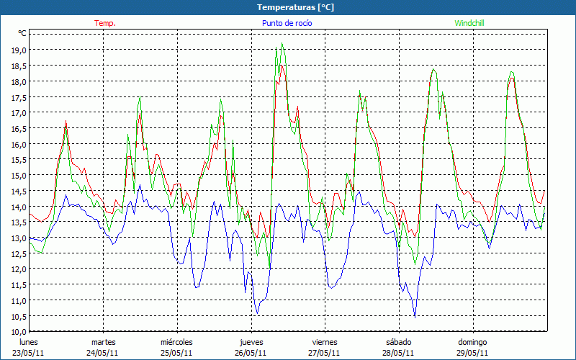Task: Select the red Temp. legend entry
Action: (105, 23)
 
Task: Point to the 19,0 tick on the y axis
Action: (18, 50)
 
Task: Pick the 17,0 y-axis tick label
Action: (18, 113)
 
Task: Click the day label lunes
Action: (30, 342)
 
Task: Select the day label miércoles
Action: (176, 342)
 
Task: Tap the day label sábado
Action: (398, 342)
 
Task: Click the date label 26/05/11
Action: (251, 353)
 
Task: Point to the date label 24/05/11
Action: (103, 353)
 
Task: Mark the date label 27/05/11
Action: (325, 353)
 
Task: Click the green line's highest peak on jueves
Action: (282, 44)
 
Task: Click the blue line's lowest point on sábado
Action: (415, 317)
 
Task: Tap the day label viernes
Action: (325, 342)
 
